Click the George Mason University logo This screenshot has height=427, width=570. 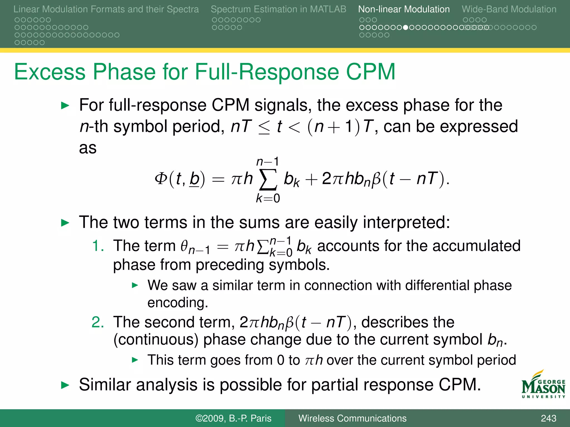coord(543,385)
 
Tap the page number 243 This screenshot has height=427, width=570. coord(548,418)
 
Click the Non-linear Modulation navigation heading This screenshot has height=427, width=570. coord(404,9)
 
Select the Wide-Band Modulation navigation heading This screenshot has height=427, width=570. coord(509,9)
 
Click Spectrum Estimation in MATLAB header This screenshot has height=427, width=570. coord(278,9)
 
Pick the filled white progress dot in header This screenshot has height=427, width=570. coord(406,28)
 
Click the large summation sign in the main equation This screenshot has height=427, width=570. coord(268,179)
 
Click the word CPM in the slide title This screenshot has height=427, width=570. coord(370,72)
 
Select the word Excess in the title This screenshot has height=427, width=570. coord(50,72)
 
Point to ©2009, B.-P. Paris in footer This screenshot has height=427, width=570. coord(233,418)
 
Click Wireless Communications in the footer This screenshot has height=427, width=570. coord(352,418)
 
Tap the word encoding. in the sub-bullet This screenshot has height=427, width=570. coord(178,302)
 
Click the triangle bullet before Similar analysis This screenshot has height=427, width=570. coord(65,385)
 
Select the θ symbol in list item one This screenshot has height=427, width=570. coord(185,246)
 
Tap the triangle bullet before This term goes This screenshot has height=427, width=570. coord(135,360)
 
